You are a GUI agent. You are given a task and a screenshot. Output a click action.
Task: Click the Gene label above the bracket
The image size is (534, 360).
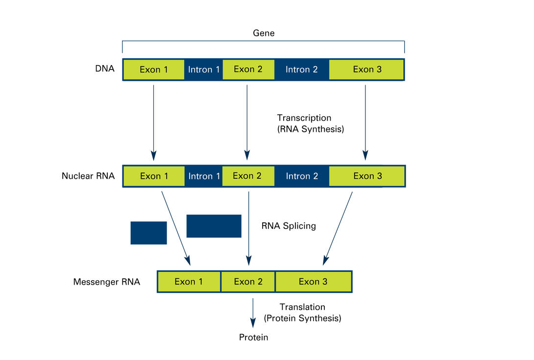point(264,33)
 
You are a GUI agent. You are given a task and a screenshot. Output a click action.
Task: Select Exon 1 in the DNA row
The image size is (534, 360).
point(154,70)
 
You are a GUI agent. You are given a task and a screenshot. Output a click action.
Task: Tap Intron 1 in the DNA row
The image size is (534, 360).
point(204,70)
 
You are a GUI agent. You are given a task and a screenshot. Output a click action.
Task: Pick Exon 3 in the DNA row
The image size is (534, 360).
point(366,70)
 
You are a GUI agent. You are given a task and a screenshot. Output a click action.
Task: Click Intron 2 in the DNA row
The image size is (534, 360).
point(302,70)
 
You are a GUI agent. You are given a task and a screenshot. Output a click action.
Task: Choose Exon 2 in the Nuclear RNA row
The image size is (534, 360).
point(248,176)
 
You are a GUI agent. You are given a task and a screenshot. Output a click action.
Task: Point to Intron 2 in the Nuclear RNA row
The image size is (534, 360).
point(302,176)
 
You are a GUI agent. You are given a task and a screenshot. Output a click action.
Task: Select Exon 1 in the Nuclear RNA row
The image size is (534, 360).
point(154,176)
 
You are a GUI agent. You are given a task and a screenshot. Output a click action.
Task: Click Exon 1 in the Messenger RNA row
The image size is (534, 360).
point(189,282)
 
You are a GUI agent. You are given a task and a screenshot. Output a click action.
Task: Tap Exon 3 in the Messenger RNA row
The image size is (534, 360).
point(314,282)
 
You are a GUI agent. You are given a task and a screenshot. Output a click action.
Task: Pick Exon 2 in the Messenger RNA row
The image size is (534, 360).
point(248,282)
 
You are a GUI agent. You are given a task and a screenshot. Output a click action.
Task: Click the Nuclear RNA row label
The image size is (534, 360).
point(88,176)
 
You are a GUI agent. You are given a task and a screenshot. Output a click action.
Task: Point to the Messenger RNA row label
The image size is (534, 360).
point(107,282)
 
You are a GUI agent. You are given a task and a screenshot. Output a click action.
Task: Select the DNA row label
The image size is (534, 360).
point(104,69)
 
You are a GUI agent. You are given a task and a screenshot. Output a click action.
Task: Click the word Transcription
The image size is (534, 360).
point(304,118)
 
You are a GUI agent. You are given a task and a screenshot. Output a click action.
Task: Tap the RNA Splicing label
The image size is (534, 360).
point(289,226)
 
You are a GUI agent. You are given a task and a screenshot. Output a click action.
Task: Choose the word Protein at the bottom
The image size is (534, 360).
point(253,337)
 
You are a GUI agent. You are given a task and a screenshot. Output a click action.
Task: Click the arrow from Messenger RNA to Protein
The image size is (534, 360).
point(253,313)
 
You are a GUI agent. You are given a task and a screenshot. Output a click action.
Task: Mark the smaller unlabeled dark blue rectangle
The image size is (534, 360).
point(149,233)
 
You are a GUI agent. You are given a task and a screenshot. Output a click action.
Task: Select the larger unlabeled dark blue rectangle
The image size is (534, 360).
point(214,226)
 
